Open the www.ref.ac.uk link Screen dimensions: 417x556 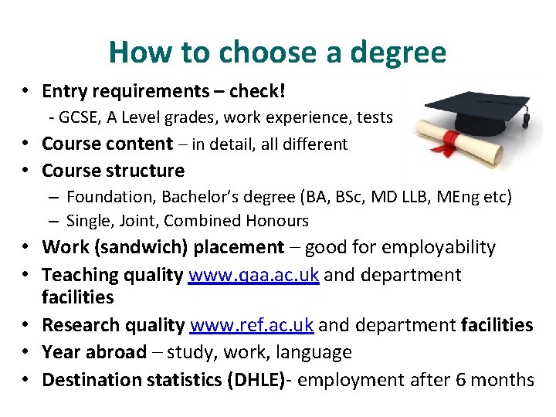[252, 325]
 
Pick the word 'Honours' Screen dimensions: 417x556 [277, 221]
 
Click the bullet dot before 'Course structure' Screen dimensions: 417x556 [27, 171]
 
